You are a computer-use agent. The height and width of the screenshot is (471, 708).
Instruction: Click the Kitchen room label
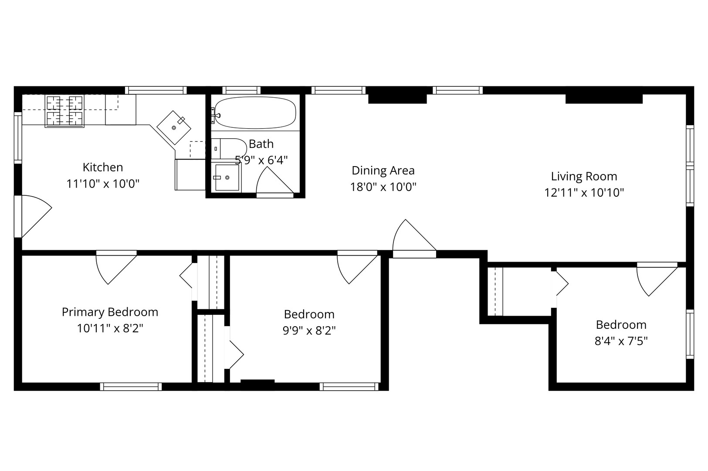103,167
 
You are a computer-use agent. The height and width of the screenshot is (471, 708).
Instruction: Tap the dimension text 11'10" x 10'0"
103,184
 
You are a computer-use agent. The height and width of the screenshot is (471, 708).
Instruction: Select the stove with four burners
64,111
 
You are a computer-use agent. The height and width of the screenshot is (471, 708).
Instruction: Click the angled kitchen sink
174,127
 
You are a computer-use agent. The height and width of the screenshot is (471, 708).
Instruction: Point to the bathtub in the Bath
255,113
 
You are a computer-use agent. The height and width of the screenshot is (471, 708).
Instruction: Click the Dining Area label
383,171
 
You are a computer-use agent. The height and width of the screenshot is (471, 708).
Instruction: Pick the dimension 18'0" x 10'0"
383,187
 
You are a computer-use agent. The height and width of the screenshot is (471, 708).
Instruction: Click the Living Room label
584,176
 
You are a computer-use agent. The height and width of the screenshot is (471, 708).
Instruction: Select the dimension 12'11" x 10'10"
584,192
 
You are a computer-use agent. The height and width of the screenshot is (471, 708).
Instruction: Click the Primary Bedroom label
110,312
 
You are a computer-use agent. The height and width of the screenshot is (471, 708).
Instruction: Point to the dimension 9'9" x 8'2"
309,331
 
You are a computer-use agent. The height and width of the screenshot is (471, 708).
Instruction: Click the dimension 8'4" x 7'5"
621,341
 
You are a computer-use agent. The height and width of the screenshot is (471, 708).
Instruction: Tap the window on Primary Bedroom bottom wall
131,386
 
